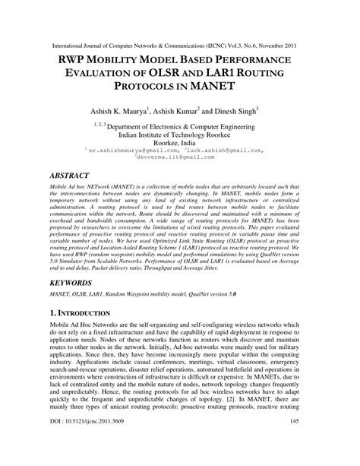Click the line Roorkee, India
point(179,141)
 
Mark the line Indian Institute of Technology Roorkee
point(179,132)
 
